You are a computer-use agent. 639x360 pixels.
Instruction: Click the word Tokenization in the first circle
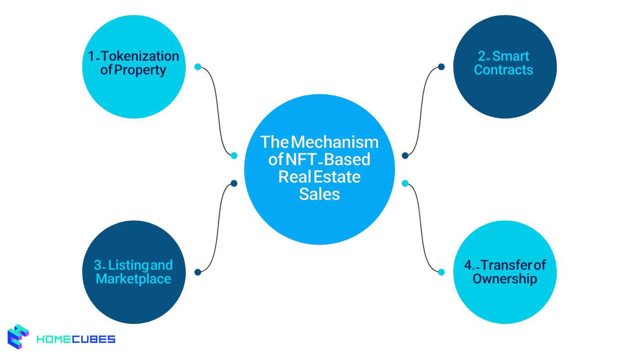[140, 56]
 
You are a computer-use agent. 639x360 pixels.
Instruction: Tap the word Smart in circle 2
[511, 56]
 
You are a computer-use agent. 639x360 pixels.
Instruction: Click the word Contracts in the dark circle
[503, 70]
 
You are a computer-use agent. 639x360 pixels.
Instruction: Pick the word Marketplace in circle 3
[133, 279]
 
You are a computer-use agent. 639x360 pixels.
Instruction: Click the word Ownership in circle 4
[505, 279]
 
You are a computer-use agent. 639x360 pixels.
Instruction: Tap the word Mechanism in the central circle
[335, 142]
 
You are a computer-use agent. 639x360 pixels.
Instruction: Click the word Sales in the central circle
[319, 194]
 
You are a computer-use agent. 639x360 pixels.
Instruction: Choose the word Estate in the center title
[337, 177]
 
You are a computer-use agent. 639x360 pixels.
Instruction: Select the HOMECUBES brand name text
[75, 339]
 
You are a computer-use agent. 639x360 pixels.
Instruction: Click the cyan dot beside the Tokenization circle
[198, 67]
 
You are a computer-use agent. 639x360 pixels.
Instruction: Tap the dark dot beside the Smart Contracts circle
[441, 67]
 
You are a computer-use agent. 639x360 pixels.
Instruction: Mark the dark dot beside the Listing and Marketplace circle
[198, 272]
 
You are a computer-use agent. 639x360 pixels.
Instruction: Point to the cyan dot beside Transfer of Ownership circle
[441, 272]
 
